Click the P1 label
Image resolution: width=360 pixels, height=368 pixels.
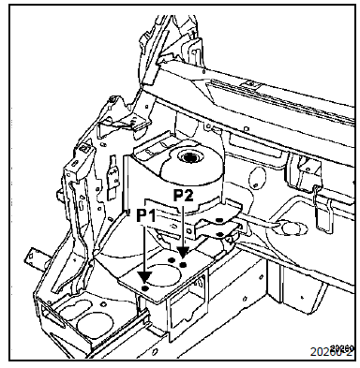point(144,214)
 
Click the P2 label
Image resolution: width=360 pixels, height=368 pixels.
point(185,196)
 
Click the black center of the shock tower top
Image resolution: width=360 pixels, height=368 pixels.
point(195,159)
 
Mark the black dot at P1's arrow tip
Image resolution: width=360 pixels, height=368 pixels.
point(144,280)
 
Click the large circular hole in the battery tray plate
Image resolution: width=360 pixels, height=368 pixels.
point(165,277)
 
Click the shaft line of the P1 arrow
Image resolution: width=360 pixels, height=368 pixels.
point(144,248)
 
